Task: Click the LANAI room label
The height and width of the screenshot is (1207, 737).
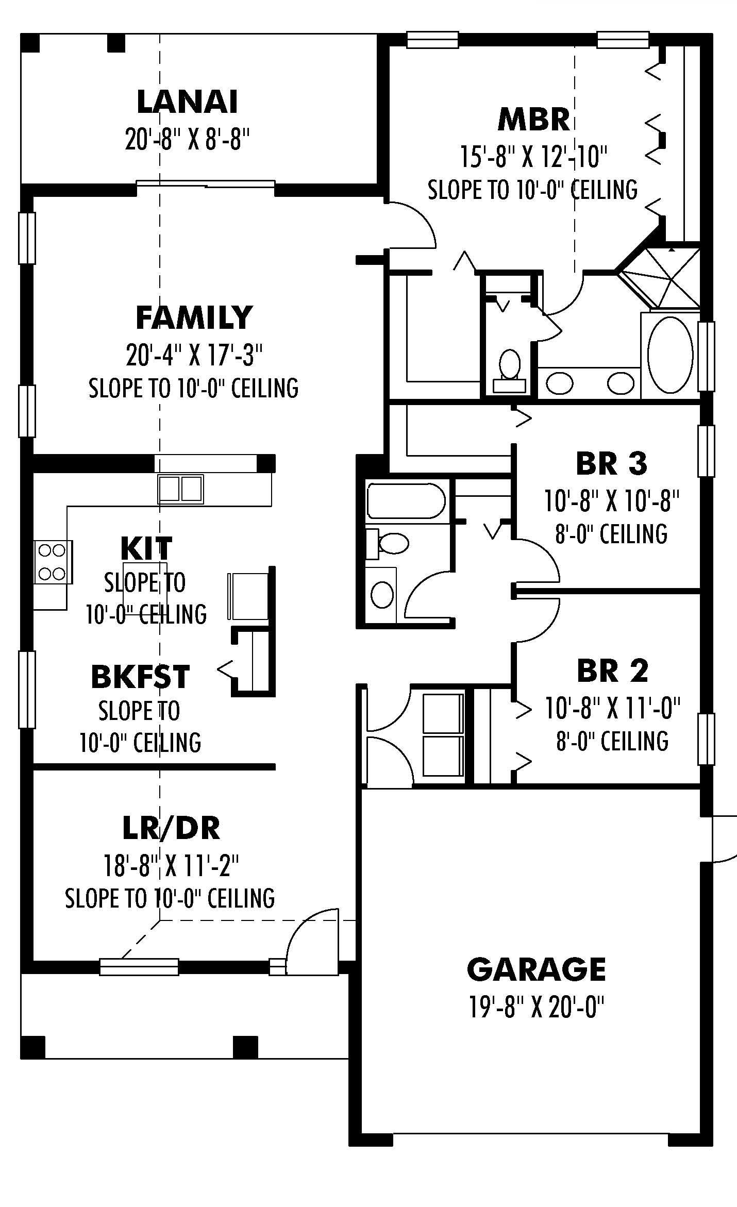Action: pos(187,102)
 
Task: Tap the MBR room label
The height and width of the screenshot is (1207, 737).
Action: pos(533,120)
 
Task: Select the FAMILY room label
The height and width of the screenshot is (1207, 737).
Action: pos(194,317)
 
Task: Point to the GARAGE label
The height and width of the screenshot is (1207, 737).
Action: pos(536,969)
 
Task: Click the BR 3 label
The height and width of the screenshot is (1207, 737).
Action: pos(612,463)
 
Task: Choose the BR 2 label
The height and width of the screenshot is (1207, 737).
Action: pos(612,671)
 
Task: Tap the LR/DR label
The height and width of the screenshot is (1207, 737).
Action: pos(171,828)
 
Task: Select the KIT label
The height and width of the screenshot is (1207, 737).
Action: pos(146,548)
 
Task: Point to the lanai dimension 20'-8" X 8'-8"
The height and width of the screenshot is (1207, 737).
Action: pos(187,139)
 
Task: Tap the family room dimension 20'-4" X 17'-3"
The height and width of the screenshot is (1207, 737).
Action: pos(194,355)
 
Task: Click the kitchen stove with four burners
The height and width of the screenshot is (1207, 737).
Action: pos(53,562)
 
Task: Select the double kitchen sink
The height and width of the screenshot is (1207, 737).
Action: pos(180,489)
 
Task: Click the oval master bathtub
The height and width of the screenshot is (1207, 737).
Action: pos(669,355)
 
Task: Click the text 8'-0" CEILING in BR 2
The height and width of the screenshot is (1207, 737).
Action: pos(612,741)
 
